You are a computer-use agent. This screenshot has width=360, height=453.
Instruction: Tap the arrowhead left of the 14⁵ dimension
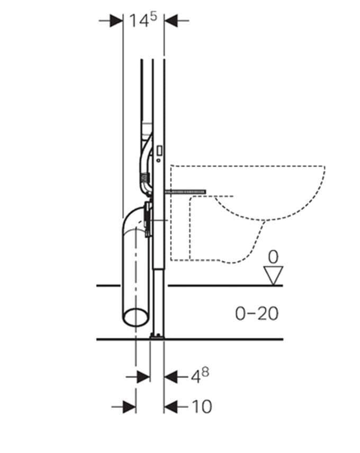pos(116,21)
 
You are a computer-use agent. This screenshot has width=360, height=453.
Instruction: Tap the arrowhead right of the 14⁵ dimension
pos(170,21)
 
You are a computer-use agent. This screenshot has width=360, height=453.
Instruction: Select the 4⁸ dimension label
pos(200,375)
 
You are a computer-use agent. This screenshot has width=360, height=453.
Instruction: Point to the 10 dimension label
pos(201,406)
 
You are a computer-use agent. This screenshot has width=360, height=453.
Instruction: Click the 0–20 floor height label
pos(257,313)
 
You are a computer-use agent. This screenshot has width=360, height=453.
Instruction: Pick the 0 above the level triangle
pos(273,258)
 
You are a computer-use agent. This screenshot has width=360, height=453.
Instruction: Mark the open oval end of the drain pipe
pos(136,316)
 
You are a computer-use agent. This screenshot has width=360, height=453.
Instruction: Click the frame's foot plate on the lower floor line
pos(157,336)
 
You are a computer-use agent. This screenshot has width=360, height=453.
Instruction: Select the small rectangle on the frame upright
pos(159,150)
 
